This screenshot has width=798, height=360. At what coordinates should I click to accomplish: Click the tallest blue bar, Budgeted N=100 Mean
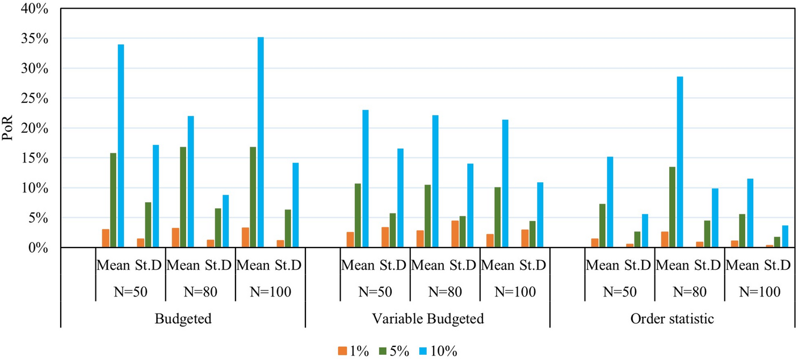[261, 142]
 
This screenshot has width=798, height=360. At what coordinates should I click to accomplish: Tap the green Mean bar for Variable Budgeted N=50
[358, 215]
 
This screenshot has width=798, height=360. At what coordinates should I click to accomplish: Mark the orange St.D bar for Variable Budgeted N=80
[455, 234]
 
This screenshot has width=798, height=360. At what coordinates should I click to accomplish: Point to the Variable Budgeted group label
[427, 319]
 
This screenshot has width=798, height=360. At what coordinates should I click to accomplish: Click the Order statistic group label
[672, 319]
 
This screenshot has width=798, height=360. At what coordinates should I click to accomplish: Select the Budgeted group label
[183, 319]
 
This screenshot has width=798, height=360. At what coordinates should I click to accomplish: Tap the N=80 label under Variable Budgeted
[445, 292]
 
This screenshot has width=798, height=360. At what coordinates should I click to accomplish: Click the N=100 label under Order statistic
[759, 292]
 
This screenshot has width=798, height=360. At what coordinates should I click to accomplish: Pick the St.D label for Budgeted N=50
[149, 265]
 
